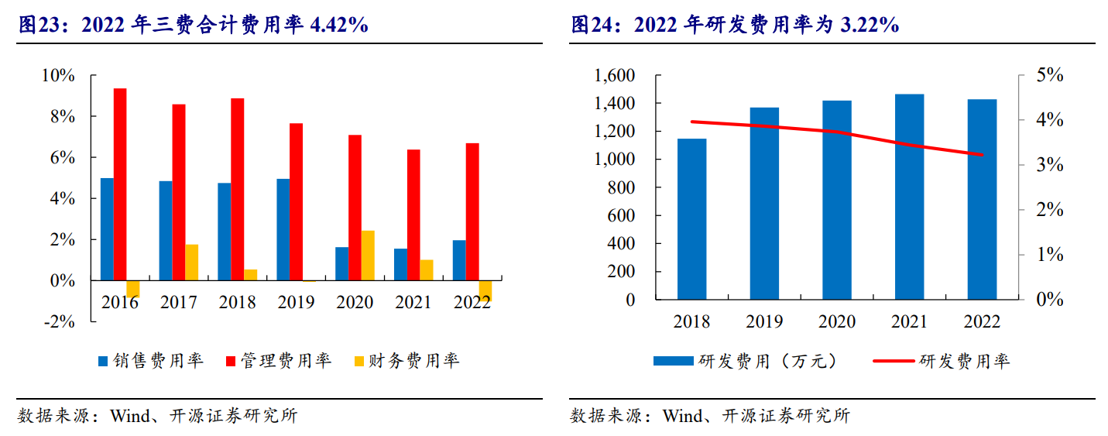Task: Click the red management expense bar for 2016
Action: [120, 184]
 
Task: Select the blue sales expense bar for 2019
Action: [283, 229]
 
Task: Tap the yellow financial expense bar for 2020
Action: [368, 255]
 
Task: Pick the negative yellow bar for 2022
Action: [485, 290]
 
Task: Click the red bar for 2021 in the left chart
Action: [413, 215]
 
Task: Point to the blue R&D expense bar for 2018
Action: [691, 219]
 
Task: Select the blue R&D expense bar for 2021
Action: [909, 197]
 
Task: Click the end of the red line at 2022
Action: [982, 155]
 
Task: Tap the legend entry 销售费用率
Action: [150, 361]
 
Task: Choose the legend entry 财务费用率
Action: [406, 361]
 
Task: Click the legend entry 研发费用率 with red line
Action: [942, 361]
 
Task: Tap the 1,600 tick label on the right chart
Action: [614, 76]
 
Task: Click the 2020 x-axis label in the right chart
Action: [836, 321]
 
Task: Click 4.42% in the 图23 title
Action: [338, 26]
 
